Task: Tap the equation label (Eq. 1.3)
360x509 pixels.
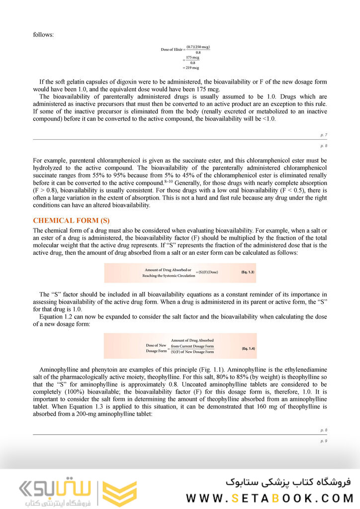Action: click(248, 272)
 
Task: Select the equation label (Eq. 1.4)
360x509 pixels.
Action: click(248, 348)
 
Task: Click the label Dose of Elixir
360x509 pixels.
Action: click(172, 50)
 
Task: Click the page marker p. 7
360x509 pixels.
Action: click(324, 135)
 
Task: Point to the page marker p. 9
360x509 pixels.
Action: click(324, 440)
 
